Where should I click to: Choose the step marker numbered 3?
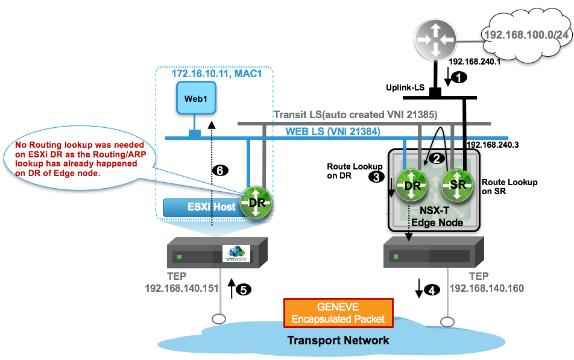point(376,177)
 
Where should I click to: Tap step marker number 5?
point(243,289)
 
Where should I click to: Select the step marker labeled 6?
point(221,171)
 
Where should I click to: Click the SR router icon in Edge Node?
point(458,185)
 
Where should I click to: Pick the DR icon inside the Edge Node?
point(412,185)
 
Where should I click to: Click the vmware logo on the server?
point(236,253)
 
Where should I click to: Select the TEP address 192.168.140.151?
point(181,288)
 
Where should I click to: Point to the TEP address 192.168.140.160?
point(487,288)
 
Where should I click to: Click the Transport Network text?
point(338,340)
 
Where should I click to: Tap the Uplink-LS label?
point(405,88)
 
